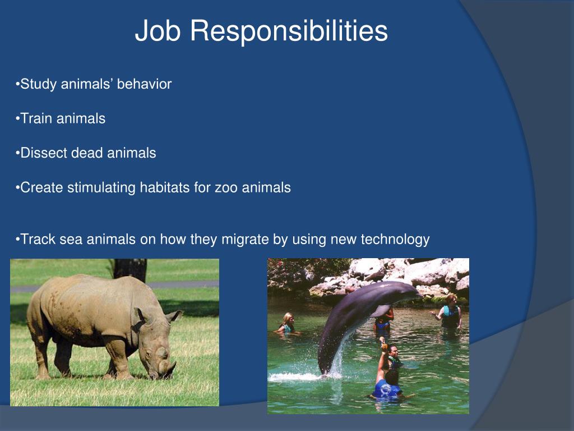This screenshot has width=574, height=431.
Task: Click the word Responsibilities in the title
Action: [289, 31]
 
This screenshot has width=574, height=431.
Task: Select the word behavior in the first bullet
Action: [144, 84]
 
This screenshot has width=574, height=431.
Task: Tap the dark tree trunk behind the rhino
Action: [130, 269]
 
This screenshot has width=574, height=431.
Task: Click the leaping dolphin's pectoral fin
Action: [382, 310]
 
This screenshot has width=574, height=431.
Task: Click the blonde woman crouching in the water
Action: [288, 324]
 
